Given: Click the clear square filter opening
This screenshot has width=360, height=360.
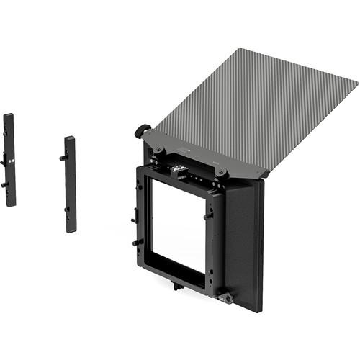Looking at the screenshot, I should pyautogui.click(x=176, y=230).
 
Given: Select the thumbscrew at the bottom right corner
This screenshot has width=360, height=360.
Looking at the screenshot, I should pyautogui.click(x=226, y=297).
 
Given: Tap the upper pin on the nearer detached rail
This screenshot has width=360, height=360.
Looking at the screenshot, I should pyautogui.click(x=64, y=158).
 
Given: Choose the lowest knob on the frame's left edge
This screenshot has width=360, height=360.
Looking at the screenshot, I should pyautogui.click(x=138, y=242).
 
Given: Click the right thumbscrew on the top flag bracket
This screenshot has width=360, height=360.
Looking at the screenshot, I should pyautogui.click(x=222, y=173).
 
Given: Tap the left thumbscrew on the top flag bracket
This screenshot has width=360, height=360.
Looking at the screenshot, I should pyautogui.click(x=160, y=150).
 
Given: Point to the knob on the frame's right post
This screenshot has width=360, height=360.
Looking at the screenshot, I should pyautogui.click(x=208, y=214).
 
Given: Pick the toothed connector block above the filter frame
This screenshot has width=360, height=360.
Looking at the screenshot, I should pyautogui.click(x=176, y=171).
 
